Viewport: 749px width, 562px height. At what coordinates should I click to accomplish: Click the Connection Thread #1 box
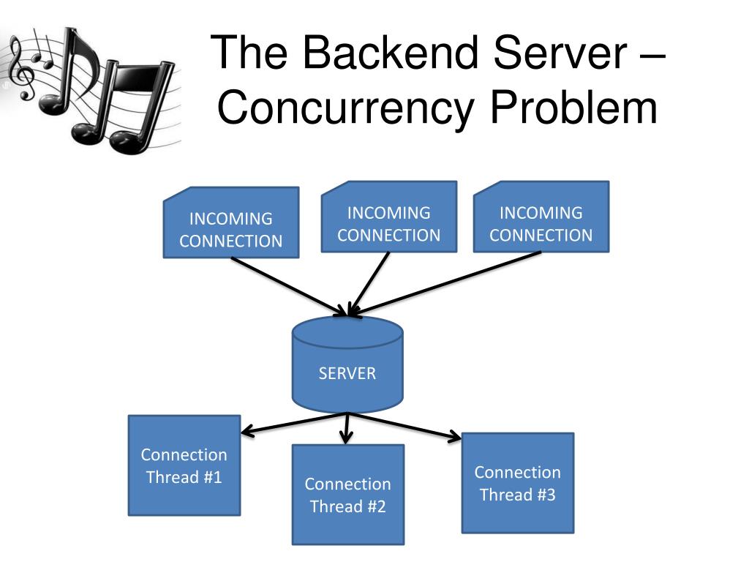(184, 465)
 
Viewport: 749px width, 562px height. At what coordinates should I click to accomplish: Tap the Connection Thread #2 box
(348, 495)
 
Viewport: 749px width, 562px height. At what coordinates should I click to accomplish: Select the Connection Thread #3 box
(518, 483)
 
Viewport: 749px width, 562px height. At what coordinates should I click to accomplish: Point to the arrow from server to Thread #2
(347, 428)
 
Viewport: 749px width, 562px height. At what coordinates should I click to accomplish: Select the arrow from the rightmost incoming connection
(446, 284)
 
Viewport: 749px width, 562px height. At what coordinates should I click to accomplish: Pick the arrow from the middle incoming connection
(370, 284)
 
